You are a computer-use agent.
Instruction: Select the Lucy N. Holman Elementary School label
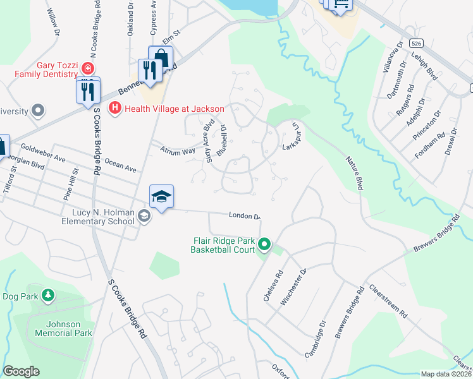coord(97,217)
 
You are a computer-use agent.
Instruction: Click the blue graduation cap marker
coord(161,197)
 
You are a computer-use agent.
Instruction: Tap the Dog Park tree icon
coord(48,295)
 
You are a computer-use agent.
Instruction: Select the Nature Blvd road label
coord(354,173)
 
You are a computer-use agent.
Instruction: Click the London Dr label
coord(245,216)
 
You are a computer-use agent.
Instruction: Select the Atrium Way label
coord(178,152)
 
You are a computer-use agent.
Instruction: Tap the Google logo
coord(21,371)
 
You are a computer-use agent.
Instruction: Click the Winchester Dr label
coord(293,287)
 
